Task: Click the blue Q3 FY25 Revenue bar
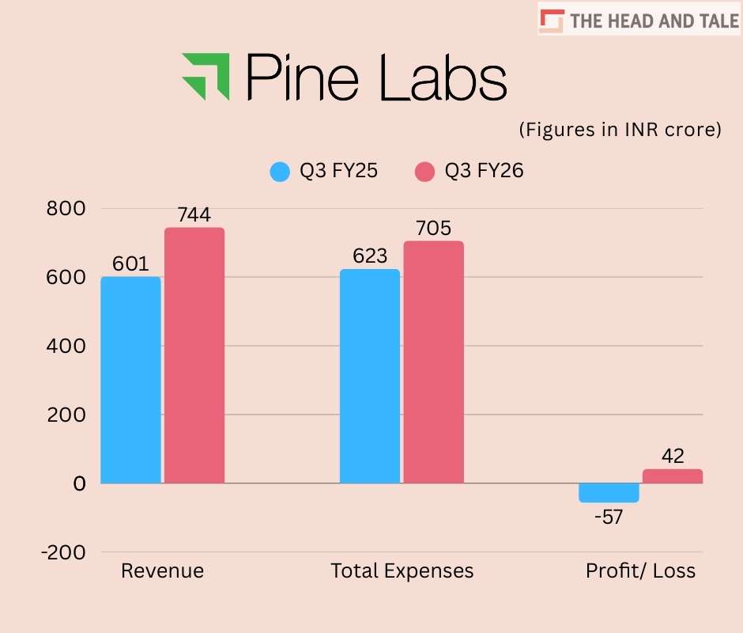[x=130, y=380]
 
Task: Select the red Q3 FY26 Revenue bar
[x=194, y=355]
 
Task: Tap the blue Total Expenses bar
[x=370, y=376]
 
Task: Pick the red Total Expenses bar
[x=433, y=362]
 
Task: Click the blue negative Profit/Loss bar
[x=609, y=492]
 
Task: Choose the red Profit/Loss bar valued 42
[x=672, y=476]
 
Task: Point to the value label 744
[x=194, y=214]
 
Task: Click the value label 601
[x=130, y=263]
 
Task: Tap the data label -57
[x=609, y=517]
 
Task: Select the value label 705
[x=433, y=228]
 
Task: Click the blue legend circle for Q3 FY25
[x=281, y=171]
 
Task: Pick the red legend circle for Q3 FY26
[x=425, y=171]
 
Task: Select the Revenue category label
[x=162, y=570]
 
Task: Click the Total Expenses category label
[x=402, y=570]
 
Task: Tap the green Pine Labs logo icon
[x=206, y=76]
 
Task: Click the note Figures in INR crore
[x=620, y=130]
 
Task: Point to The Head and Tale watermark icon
[x=553, y=19]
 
